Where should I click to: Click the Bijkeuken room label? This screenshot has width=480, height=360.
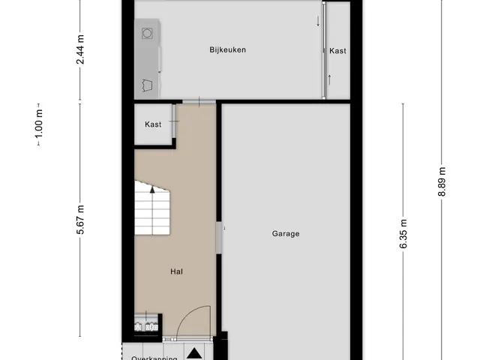tap(227, 50)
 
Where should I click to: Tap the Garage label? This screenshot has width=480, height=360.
tap(286, 234)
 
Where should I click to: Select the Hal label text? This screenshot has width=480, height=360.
tap(177, 271)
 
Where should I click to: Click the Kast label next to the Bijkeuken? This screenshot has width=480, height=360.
tap(337, 51)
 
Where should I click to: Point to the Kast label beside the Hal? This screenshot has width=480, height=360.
tap(153, 124)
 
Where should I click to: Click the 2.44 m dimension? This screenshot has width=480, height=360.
tap(80, 49)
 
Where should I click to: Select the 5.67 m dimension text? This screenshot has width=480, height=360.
tap(80, 220)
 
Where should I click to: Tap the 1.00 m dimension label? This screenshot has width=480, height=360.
tap(39, 124)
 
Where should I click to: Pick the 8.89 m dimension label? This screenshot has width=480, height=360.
tap(442, 181)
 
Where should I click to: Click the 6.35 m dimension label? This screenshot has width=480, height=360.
tap(403, 234)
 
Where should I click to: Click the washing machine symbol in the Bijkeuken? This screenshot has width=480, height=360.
tap(147, 33)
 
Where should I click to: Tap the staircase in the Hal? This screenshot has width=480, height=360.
tap(152, 208)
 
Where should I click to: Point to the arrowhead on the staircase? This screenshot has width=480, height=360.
tap(152, 190)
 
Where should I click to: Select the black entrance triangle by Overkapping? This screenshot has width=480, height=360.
tap(194, 353)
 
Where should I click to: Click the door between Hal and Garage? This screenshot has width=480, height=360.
tap(218, 238)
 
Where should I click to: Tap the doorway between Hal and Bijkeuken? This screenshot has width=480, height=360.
tap(199, 102)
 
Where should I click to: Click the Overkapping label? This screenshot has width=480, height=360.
tap(154, 358)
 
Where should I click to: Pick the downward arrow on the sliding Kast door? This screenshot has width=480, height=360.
tap(318, 21)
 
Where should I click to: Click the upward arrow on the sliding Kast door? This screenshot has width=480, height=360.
tap(330, 80)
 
